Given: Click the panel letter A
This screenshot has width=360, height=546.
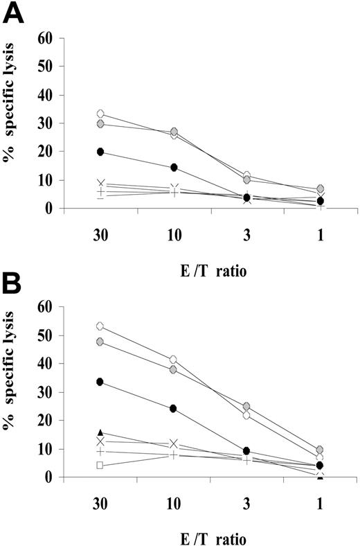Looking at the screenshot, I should (x=15, y=14).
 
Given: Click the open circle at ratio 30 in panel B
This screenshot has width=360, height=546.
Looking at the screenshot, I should (x=100, y=326).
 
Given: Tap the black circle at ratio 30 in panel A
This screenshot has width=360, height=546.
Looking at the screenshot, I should (x=100, y=152).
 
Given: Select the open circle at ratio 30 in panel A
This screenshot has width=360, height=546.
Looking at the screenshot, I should (x=100, y=114).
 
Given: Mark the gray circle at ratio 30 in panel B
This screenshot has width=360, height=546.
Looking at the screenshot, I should (x=100, y=342).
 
